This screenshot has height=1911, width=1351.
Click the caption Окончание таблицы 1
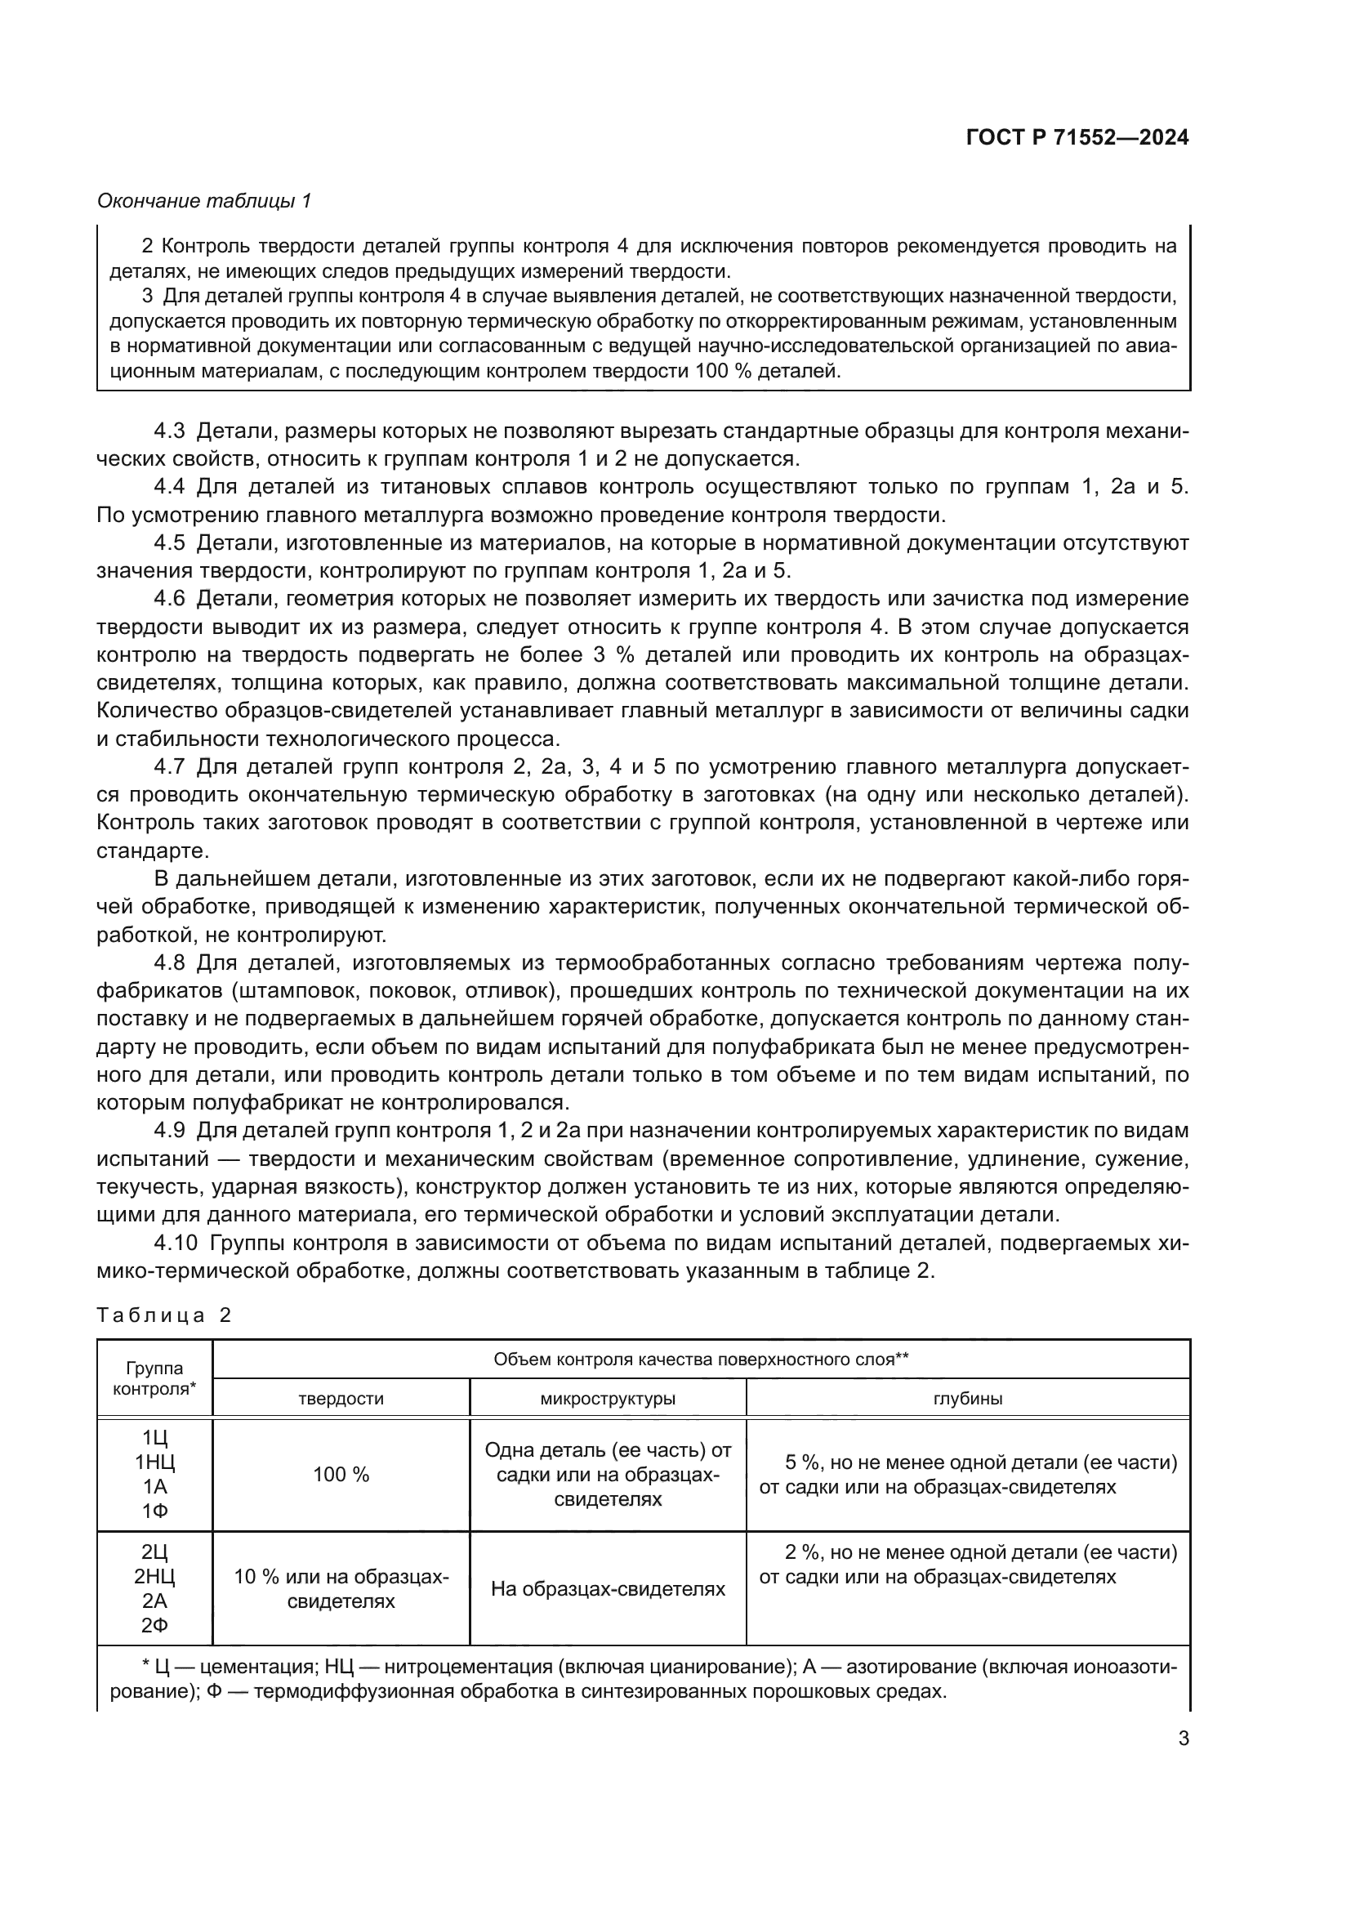(204, 201)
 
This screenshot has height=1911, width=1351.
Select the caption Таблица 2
(163, 1315)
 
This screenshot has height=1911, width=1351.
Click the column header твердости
(341, 1398)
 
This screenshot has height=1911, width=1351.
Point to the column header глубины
(967, 1398)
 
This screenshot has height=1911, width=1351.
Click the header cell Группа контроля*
(154, 1378)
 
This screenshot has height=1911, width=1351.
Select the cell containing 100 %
(341, 1475)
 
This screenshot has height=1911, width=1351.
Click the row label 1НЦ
(154, 1462)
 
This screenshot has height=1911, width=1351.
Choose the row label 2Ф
(154, 1625)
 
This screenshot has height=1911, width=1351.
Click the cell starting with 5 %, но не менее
(967, 1475)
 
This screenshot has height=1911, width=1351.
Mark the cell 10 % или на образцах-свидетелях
(341, 1589)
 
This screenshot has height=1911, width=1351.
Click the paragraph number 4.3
(171, 431)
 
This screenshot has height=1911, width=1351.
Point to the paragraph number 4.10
(176, 1243)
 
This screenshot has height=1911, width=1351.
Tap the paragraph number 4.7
(171, 766)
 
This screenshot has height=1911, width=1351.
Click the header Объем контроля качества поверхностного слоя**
(701, 1360)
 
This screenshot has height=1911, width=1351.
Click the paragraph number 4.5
(171, 542)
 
